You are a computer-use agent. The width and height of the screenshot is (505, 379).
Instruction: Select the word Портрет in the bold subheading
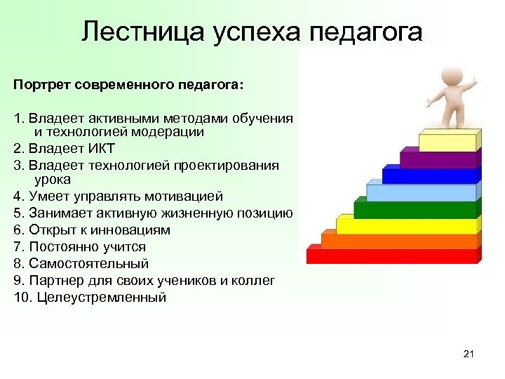(41, 85)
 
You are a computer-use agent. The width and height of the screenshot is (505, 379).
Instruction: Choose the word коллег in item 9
(255, 281)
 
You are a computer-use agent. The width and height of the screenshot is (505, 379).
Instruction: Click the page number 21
(469, 354)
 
